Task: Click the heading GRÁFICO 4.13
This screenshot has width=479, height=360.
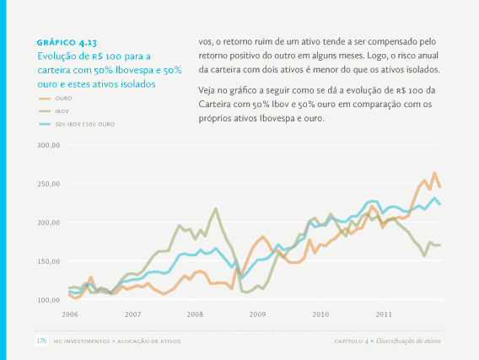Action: pyautogui.click(x=67, y=43)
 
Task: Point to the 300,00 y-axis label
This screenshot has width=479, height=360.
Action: pyautogui.click(x=49, y=145)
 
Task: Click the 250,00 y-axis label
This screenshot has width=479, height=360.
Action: pyautogui.click(x=49, y=184)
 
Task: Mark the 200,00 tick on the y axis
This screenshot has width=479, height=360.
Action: pyautogui.click(x=49, y=223)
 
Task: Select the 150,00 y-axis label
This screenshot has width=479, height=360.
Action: pyautogui.click(x=49, y=261)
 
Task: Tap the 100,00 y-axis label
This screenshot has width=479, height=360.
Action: pyautogui.click(x=49, y=300)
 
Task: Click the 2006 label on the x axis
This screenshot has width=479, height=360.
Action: pyautogui.click(x=70, y=314)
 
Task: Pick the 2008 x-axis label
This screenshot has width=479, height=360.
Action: pyautogui.click(x=195, y=314)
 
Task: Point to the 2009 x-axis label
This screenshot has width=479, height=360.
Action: pyautogui.click(x=257, y=314)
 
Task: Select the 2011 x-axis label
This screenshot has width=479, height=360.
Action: pyautogui.click(x=384, y=314)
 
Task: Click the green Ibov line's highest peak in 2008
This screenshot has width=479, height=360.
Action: pyautogui.click(x=216, y=209)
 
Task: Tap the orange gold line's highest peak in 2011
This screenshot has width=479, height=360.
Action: pyautogui.click(x=434, y=173)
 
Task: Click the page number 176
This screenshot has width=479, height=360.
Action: pyautogui.click(x=41, y=341)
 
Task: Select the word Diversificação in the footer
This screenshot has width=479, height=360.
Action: pyautogui.click(x=393, y=341)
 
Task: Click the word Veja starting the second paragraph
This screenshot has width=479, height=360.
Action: pyautogui.click(x=207, y=90)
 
